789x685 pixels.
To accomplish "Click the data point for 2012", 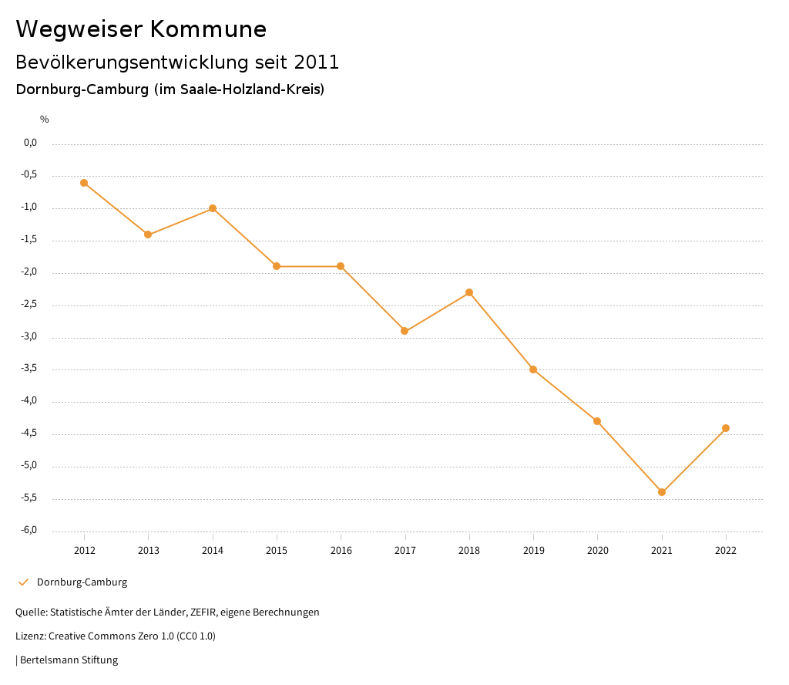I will coord(84,183).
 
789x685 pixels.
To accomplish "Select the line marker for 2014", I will coord(213,208).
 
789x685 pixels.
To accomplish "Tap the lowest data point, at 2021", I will coord(662,492).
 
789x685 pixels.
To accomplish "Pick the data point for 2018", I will coord(469,292).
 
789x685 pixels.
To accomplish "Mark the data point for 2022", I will coord(726,428).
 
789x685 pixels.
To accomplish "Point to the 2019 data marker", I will coord(533,369).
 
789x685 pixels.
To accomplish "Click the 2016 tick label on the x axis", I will coord(341,550).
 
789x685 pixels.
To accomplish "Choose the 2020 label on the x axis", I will coord(598,550).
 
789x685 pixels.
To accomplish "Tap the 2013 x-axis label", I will coord(149,550).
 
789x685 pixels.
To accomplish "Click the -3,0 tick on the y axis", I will coord(30,337).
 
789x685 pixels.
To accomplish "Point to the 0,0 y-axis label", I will coord(31,143).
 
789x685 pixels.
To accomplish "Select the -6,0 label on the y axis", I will coord(30,531).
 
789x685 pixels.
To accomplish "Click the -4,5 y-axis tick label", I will coord(30,434).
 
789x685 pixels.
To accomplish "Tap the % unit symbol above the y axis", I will coord(45,120).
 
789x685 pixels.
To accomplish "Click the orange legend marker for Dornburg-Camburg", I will coord(23,582).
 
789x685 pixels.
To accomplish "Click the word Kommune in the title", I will coord(208,29).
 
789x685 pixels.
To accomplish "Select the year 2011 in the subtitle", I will coord(317,62).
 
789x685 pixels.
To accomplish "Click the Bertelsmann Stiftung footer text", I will coord(69,660).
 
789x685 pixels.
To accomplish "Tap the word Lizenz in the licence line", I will coord(29,636).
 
